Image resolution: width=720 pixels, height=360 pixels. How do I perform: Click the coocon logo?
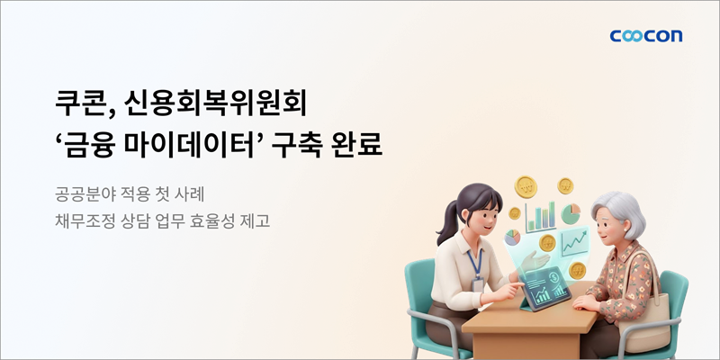(645, 36)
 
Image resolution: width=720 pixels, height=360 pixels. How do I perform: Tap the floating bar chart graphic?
(541, 217)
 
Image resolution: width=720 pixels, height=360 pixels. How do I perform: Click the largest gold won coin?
(526, 186)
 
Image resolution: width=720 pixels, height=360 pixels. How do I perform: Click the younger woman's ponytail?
(446, 224)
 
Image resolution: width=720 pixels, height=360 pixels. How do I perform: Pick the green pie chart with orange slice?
(571, 214)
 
